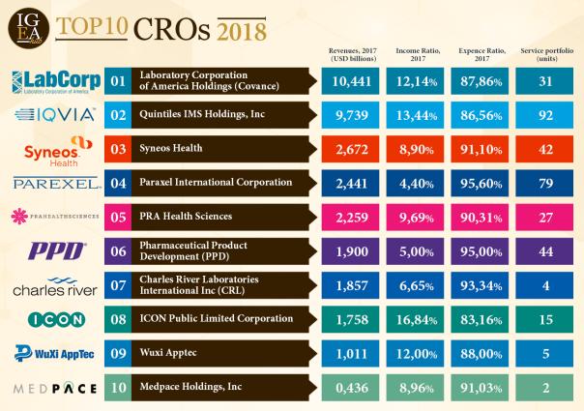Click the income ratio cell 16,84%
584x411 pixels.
[419, 319]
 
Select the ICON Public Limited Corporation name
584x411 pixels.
[217, 319]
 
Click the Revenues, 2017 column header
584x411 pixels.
[352, 53]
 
